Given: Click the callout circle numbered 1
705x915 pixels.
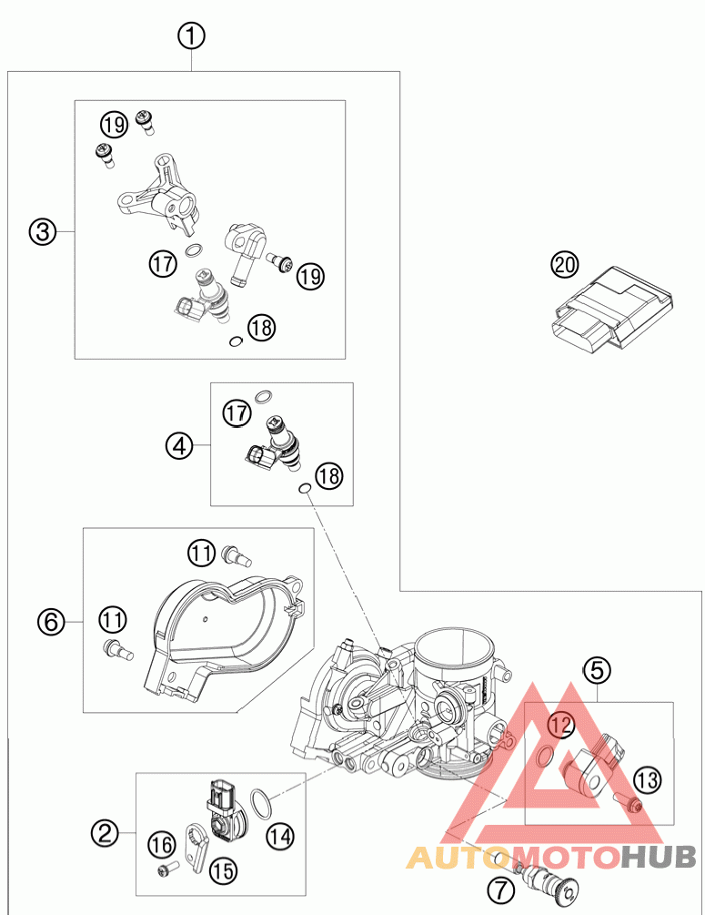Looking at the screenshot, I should coord(191,36).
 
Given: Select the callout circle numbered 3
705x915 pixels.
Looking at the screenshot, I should coord(41,232).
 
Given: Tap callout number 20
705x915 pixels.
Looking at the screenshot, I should coord(564,265).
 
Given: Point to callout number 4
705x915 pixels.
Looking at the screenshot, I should coord(179,446).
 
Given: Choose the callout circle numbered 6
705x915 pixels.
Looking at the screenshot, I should coord(51,622).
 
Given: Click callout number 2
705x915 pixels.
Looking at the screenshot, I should coord(106,830).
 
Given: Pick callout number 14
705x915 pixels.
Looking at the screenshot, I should coord(280,833).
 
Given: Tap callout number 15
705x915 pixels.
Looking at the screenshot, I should coord(222,869).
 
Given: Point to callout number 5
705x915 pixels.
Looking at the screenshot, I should coord(597,671).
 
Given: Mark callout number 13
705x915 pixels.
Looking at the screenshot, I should coord(647,779).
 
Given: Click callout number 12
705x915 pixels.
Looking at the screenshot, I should coord(561,725).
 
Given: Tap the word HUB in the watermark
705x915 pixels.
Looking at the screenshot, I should coord(660,857).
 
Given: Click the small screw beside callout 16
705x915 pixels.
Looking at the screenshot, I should coord(165,871).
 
